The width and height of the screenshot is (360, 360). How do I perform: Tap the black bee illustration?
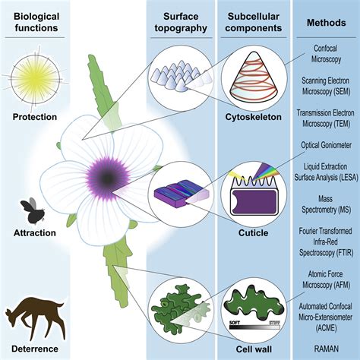click(33, 210)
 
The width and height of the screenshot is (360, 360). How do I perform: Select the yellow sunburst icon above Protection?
click(35, 79)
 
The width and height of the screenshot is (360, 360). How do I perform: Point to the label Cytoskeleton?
click(254, 117)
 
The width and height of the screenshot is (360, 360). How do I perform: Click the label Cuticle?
click(254, 233)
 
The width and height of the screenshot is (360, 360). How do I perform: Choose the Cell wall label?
click(254, 349)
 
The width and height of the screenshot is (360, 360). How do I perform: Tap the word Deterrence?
click(35, 349)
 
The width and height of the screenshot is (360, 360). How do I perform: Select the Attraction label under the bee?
click(35, 233)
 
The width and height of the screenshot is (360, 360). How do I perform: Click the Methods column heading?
click(327, 23)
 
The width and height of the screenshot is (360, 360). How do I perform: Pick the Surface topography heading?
click(181, 22)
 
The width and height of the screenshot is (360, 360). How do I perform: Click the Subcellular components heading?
click(254, 22)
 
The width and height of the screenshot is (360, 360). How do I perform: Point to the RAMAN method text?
click(327, 349)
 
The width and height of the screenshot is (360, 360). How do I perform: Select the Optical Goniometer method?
click(327, 145)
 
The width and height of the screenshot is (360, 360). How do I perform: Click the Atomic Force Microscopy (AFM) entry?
click(326, 279)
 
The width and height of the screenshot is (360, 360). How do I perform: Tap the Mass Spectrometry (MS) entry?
click(326, 204)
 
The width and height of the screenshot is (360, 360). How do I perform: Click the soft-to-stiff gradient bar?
click(254, 327)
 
